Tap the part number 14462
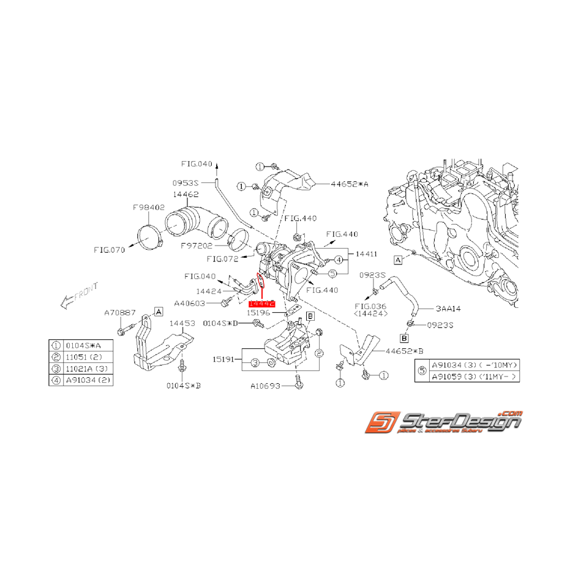pyautogui.click(x=185, y=195)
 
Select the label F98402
pyautogui.click(x=149, y=208)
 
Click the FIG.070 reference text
pyautogui.click(x=109, y=250)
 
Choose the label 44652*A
pyautogui.click(x=351, y=183)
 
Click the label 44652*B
pyautogui.click(x=405, y=351)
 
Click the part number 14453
pyautogui.click(x=182, y=323)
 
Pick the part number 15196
pyautogui.click(x=259, y=312)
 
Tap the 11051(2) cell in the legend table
pyautogui.click(x=83, y=356)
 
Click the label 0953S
pyautogui.click(x=186, y=182)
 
